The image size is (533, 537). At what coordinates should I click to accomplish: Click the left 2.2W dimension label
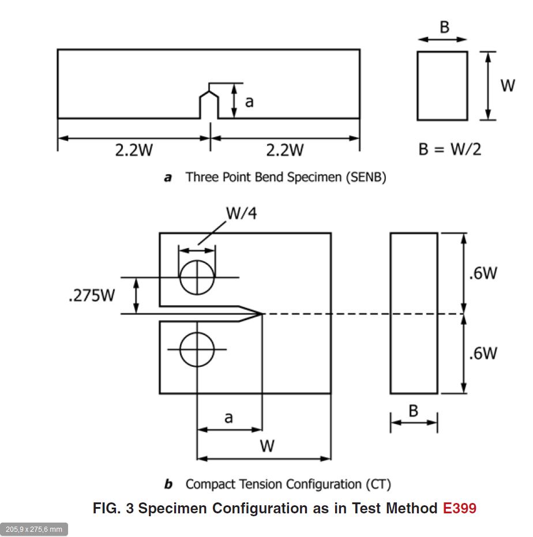(134, 150)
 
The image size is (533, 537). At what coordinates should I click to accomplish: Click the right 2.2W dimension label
(284, 150)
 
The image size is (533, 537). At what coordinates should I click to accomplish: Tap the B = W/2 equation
(449, 149)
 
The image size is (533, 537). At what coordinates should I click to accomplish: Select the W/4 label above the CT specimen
(241, 213)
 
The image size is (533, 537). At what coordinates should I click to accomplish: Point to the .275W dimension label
(92, 295)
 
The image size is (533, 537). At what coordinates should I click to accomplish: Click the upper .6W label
(483, 273)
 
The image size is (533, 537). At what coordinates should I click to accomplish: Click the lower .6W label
(483, 353)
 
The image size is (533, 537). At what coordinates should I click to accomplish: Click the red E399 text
(459, 508)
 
